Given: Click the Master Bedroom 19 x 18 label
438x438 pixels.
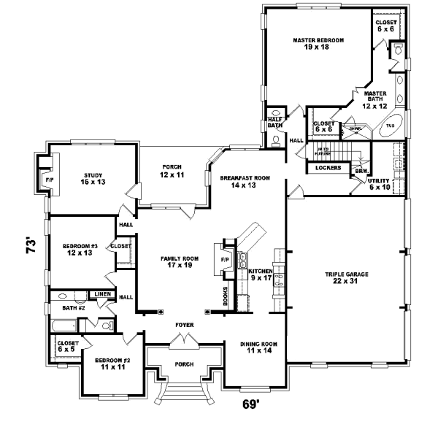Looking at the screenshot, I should [318, 44].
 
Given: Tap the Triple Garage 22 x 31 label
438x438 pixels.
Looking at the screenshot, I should [347, 277].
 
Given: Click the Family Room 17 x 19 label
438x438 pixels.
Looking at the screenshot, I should [180, 262].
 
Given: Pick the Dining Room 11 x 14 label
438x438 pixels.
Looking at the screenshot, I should [258, 347].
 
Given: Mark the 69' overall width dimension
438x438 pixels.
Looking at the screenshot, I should [251, 403].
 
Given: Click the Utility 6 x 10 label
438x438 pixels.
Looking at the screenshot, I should [380, 183].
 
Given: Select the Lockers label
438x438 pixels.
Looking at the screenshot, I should [328, 168].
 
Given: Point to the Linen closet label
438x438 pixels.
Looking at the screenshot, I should [101, 294].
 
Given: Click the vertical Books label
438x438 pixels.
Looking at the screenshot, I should [226, 296].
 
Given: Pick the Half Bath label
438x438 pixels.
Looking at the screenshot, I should [274, 123].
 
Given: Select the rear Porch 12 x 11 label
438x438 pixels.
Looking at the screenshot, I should [175, 171].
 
